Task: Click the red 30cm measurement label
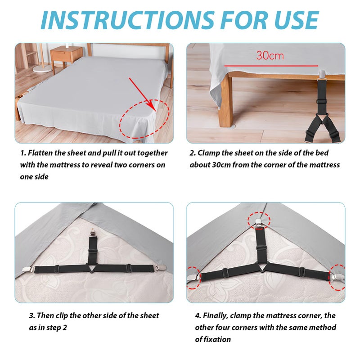click(x=270, y=55)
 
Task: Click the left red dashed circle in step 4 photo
click(x=194, y=278)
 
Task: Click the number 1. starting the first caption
click(x=23, y=153)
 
